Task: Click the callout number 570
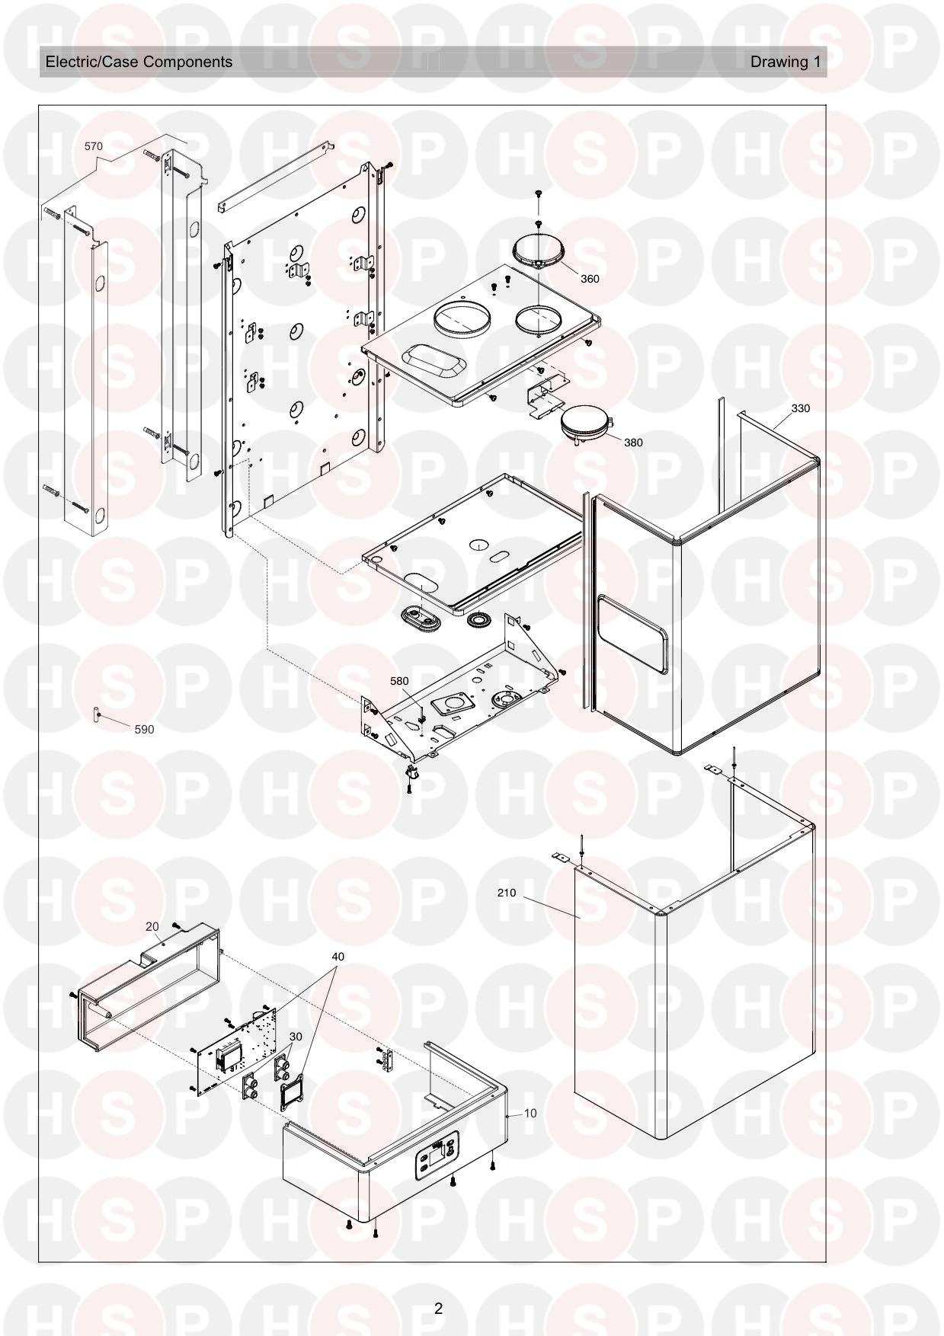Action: tap(93, 146)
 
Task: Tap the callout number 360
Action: tap(590, 279)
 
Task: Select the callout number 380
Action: tap(633, 443)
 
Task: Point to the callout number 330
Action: tap(800, 408)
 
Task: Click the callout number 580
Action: tap(399, 681)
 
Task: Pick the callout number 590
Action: tap(144, 729)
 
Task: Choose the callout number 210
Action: tap(506, 893)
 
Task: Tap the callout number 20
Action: tap(152, 926)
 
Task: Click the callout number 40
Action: tap(338, 957)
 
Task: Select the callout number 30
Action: tap(296, 1037)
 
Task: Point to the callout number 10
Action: tap(530, 1113)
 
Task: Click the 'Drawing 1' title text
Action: tap(786, 62)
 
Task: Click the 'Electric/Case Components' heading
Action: tap(139, 62)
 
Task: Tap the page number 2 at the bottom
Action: tap(438, 1309)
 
